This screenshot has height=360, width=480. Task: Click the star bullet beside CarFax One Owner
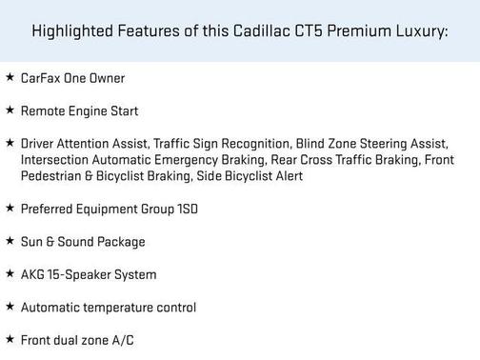(10, 76)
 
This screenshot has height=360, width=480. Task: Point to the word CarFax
(39, 77)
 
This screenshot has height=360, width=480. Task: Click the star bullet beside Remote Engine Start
(10, 110)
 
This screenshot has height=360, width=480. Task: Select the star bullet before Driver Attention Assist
(10, 142)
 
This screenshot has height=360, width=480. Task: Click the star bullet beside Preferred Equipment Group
(10, 208)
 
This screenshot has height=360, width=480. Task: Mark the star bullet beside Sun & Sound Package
(10, 241)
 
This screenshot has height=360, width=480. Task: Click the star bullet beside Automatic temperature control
(10, 307)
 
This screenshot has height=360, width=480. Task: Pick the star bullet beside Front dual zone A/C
(10, 339)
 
